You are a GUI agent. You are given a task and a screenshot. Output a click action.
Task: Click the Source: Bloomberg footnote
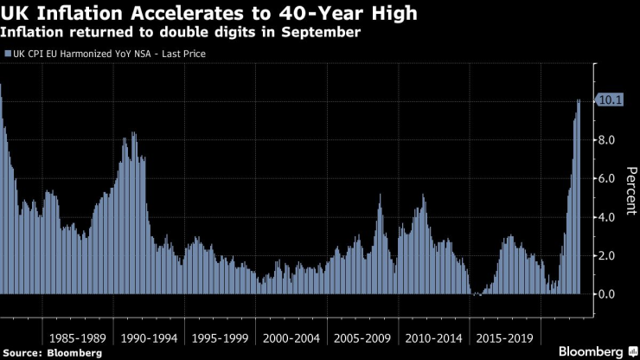(53, 353)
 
